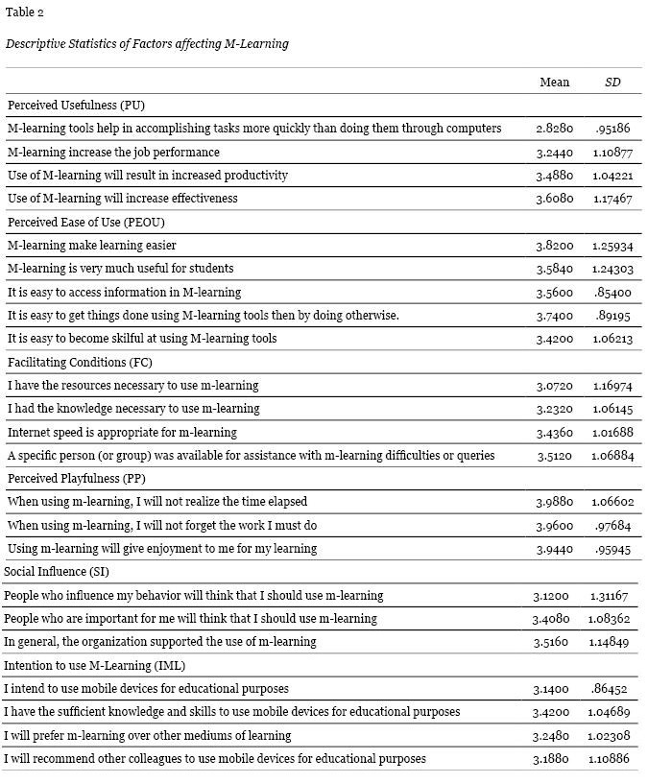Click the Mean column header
tap(554, 83)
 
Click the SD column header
tap(612, 83)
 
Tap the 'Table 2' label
tap(25, 12)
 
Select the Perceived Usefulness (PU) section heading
tap(76, 106)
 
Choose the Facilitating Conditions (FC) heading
tap(80, 362)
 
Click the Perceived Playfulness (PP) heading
tap(76, 478)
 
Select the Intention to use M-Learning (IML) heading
tap(95, 665)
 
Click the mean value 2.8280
tap(554, 129)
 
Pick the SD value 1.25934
tap(612, 246)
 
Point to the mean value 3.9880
tap(554, 502)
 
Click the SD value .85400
tap(612, 293)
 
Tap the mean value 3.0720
tap(554, 386)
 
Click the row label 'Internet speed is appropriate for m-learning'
tap(133, 432)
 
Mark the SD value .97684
tap(612, 526)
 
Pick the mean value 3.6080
tap(554, 199)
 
